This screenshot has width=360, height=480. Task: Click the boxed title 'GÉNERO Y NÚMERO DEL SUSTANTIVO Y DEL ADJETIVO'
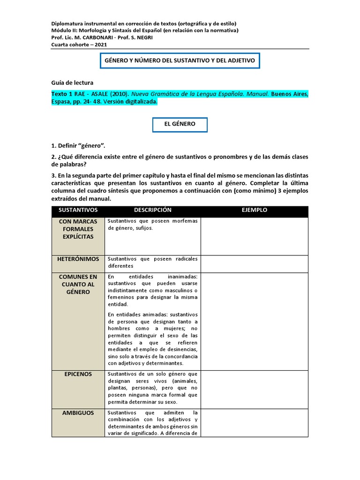click(179, 60)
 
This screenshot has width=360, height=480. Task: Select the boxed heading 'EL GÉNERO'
click(180, 124)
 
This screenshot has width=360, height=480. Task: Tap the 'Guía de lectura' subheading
click(72, 82)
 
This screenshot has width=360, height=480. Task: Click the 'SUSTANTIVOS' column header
click(78, 210)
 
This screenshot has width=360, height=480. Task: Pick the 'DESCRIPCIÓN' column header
click(153, 210)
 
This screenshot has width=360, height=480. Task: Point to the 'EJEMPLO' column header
click(254, 210)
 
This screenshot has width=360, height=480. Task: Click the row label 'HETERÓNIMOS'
click(78, 259)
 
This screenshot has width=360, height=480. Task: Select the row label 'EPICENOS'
click(78, 374)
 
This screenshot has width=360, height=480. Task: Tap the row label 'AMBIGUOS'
click(78, 413)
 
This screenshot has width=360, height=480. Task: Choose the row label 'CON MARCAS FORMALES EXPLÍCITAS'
click(78, 229)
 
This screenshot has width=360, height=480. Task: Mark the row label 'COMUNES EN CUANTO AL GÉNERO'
click(78, 285)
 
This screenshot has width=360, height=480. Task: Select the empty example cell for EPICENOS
click(254, 389)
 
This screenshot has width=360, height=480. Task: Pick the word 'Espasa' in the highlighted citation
click(61, 101)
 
